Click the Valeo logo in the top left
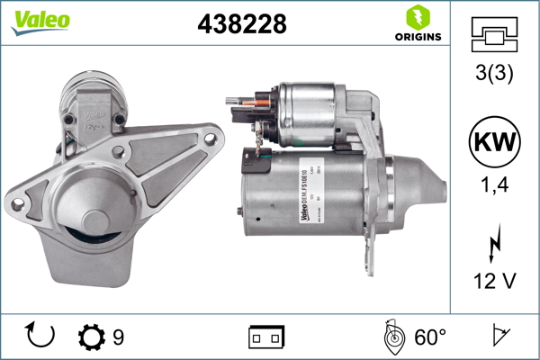click(x=40, y=21)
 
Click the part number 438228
click(x=241, y=24)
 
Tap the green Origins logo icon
click(x=416, y=16)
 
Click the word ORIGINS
click(x=417, y=37)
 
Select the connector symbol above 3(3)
click(x=495, y=35)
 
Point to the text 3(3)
click(x=495, y=75)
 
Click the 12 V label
click(x=495, y=282)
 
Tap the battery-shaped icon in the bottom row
click(x=266, y=337)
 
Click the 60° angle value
click(x=430, y=337)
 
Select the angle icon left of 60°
click(x=393, y=337)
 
